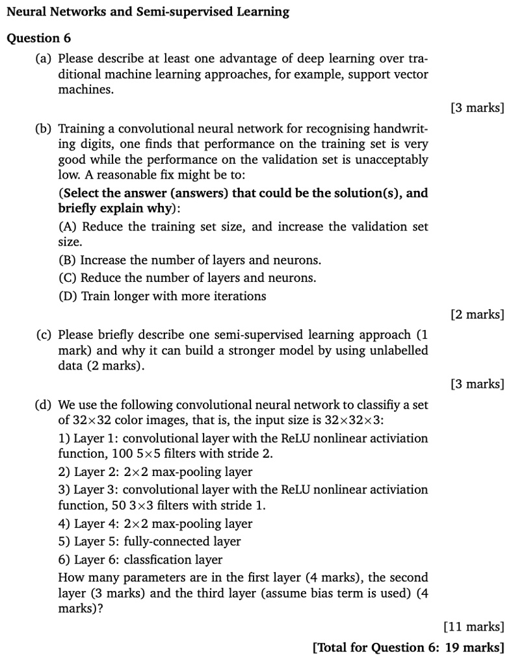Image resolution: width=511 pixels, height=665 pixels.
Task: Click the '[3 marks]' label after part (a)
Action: (477, 108)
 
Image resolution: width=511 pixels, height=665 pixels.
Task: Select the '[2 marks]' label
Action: (477, 314)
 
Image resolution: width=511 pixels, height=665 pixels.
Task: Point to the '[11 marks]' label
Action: (473, 627)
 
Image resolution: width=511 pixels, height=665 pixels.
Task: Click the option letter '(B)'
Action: (68, 260)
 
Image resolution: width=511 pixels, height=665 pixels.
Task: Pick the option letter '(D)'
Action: (68, 296)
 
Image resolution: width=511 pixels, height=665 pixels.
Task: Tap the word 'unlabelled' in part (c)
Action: (399, 351)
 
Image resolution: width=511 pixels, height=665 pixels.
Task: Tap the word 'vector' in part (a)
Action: (410, 74)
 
